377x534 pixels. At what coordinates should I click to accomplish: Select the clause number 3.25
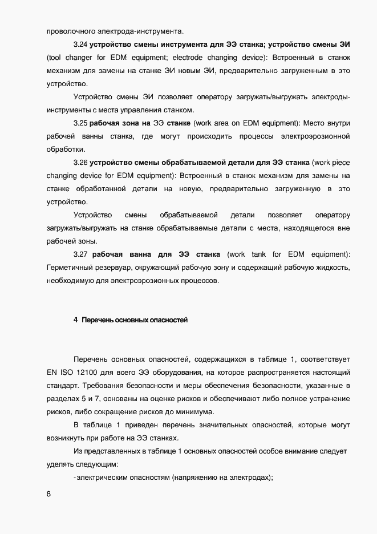80,123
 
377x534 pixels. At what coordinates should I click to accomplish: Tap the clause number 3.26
80,162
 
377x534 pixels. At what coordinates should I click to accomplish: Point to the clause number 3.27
80,254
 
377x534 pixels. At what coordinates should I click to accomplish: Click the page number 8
49,494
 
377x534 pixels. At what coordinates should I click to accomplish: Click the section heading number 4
75,320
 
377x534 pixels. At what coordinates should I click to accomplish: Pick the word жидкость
334,268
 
